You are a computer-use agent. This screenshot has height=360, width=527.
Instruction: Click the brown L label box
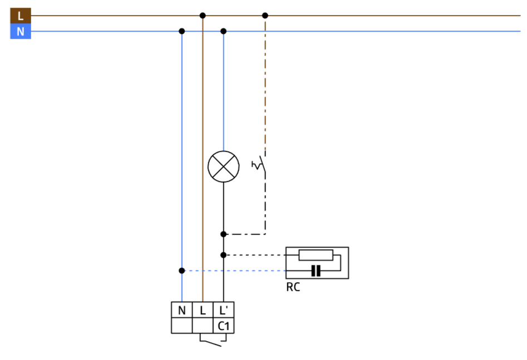21,16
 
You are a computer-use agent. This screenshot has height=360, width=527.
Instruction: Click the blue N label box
21,32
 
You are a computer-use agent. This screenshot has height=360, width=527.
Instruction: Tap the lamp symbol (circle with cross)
223,166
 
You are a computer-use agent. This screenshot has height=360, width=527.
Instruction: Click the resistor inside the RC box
316,255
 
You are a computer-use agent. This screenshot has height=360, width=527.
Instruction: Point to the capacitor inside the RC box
316,271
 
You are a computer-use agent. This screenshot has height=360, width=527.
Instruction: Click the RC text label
293,288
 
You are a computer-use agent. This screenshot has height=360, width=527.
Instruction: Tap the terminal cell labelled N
181,310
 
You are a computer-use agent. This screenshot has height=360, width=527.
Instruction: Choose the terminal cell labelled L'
223,310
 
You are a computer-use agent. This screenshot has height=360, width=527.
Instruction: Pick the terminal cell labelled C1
223,326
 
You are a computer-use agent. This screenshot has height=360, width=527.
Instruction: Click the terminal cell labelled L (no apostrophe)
203,310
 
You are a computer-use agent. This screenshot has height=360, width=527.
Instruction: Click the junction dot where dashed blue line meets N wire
182,271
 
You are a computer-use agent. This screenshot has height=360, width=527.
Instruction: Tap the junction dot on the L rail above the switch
265,16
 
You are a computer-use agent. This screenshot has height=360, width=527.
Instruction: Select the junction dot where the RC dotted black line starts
223,255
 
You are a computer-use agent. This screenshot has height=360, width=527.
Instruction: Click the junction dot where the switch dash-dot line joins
223,234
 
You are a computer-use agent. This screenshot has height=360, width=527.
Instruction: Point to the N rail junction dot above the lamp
223,31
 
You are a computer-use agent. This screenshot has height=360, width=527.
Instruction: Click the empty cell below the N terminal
181,326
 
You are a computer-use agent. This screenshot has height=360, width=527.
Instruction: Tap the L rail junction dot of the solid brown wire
203,16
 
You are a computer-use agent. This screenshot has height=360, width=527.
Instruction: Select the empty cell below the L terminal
203,326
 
